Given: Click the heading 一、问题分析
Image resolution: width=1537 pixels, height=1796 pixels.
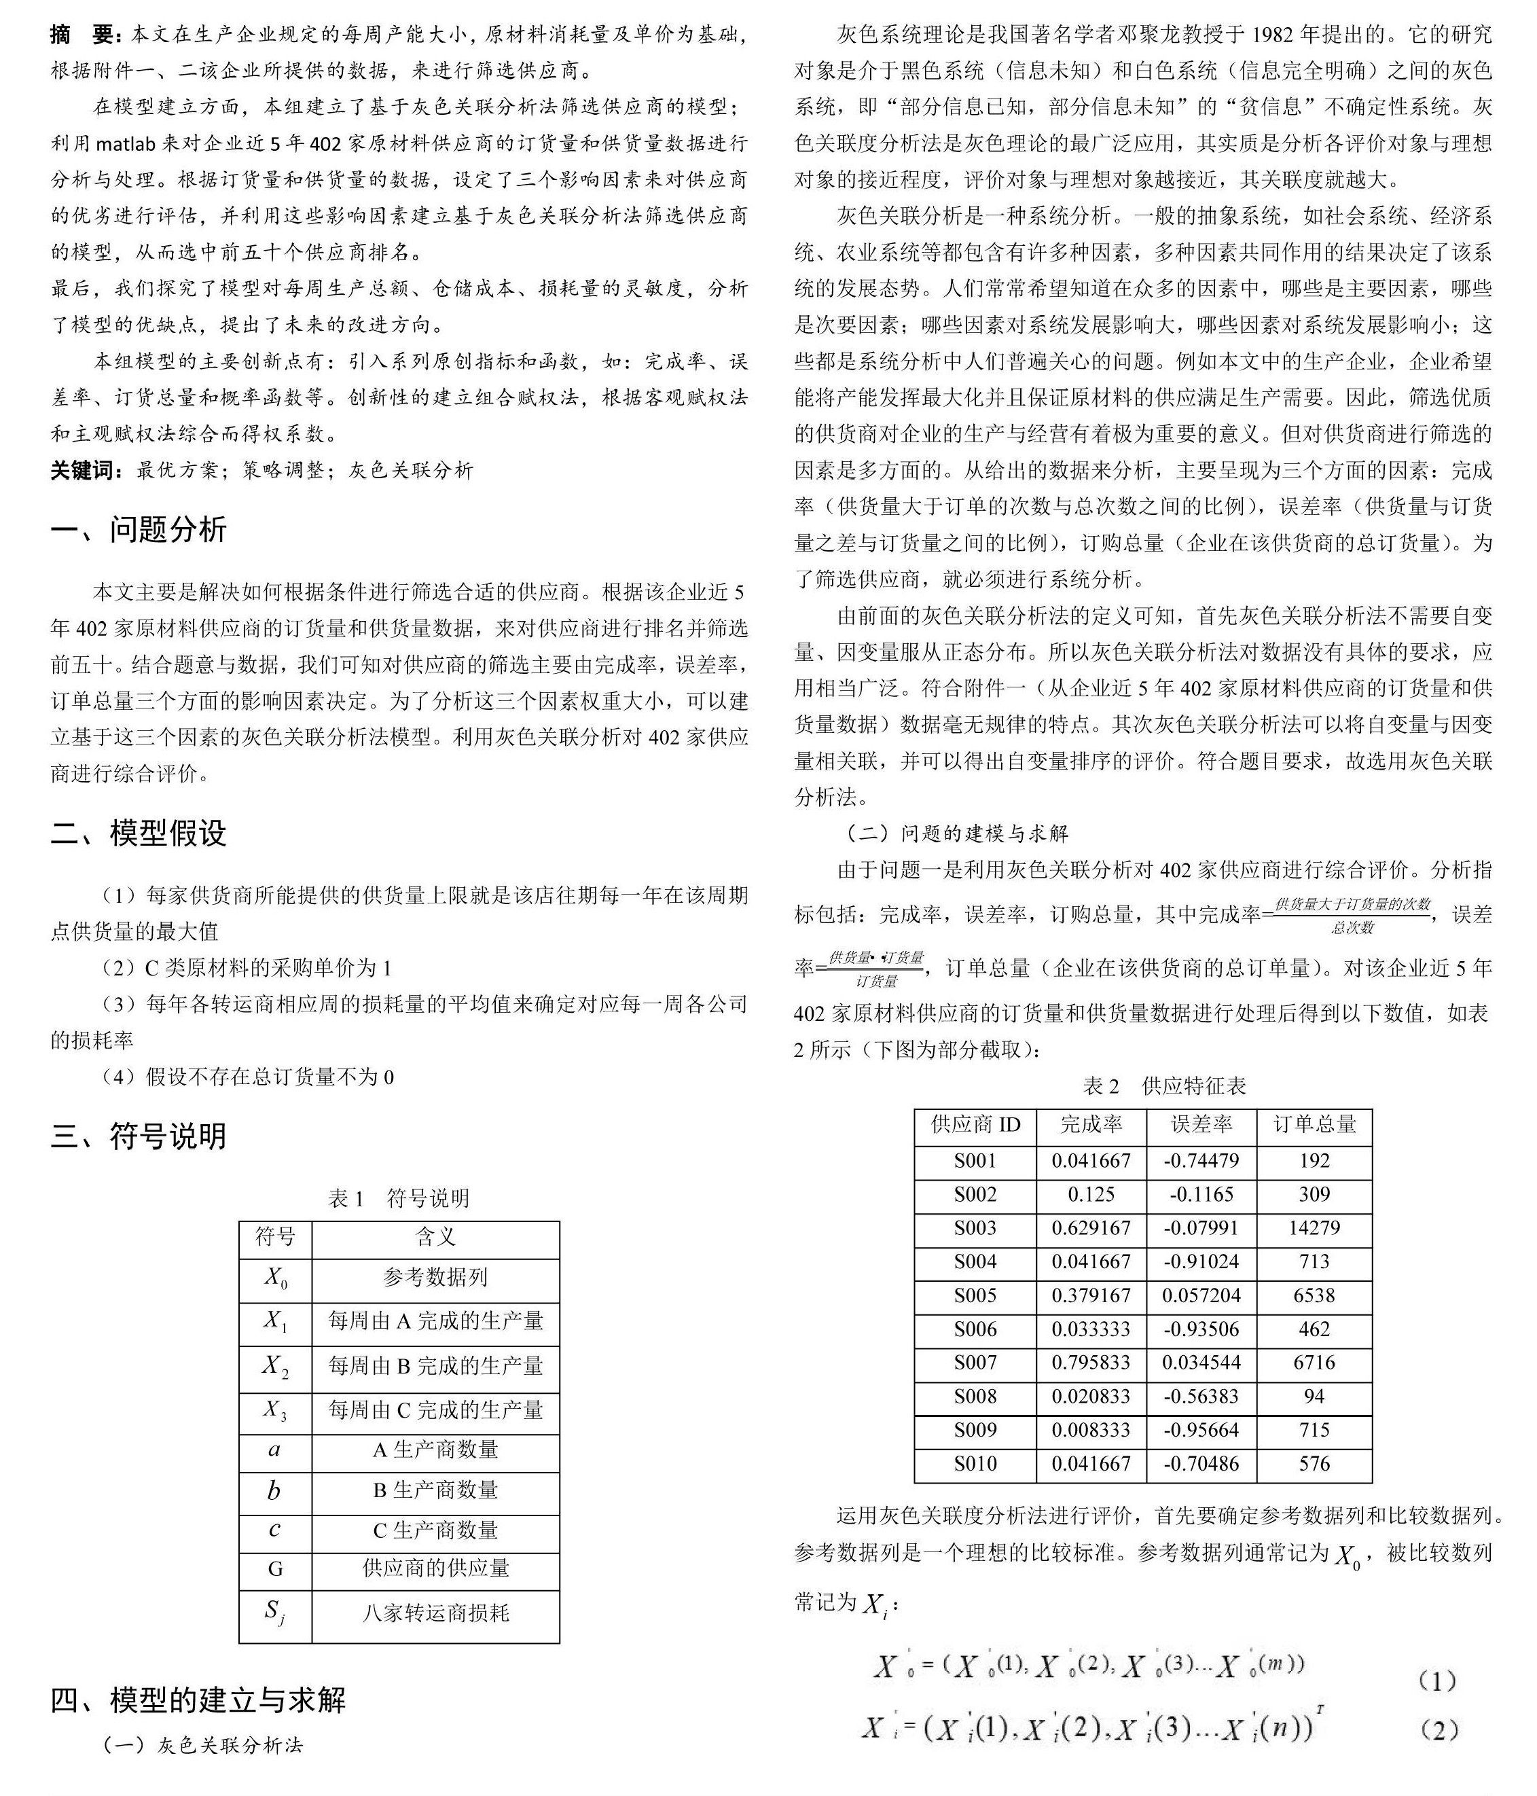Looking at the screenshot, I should click(139, 530).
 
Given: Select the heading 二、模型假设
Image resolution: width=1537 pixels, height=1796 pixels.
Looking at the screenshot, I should click(139, 833).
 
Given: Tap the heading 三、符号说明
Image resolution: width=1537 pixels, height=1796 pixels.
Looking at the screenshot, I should click(139, 1136).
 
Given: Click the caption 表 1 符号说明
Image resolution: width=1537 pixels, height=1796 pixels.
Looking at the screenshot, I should click(399, 1199).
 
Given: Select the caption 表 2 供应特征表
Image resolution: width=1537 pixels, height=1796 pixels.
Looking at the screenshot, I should click(1164, 1086).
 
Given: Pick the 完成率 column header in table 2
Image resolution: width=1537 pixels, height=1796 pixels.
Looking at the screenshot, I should click(1091, 1125).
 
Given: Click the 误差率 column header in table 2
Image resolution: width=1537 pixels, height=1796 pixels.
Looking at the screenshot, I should click(1201, 1125).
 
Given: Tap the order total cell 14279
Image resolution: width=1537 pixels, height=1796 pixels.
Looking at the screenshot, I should click(1314, 1228).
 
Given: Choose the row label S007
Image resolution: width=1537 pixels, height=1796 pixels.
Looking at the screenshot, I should click(975, 1363).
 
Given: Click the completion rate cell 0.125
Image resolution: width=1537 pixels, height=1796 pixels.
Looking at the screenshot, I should click(1091, 1194).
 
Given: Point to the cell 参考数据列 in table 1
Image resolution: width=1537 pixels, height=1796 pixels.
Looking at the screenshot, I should click(435, 1278).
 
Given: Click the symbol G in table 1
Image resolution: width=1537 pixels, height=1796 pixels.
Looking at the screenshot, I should click(275, 1568).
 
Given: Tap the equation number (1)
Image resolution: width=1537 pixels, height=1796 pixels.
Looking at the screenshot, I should click(1437, 1683).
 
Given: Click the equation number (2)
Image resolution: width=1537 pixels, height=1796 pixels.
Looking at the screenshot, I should click(1437, 1731).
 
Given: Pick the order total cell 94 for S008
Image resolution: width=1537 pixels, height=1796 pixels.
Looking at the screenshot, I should click(1314, 1397).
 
